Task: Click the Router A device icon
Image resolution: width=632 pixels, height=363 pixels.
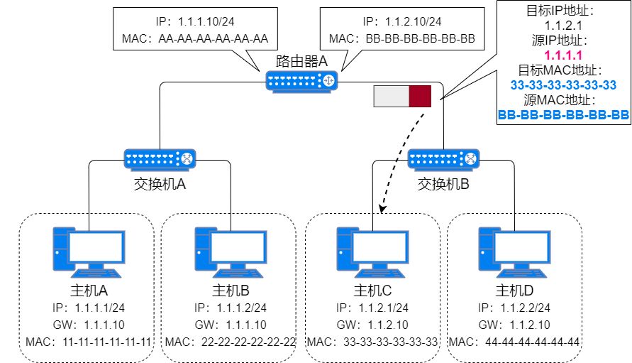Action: coord(302,80)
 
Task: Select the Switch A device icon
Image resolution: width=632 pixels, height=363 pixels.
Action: coord(160,158)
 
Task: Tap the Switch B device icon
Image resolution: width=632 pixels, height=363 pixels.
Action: coord(444,158)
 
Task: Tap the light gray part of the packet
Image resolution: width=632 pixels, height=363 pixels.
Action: coord(391,96)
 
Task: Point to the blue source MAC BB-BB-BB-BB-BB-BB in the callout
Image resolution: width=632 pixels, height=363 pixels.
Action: coord(563,114)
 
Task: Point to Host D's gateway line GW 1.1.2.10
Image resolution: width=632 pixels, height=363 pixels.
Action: coord(515,325)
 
